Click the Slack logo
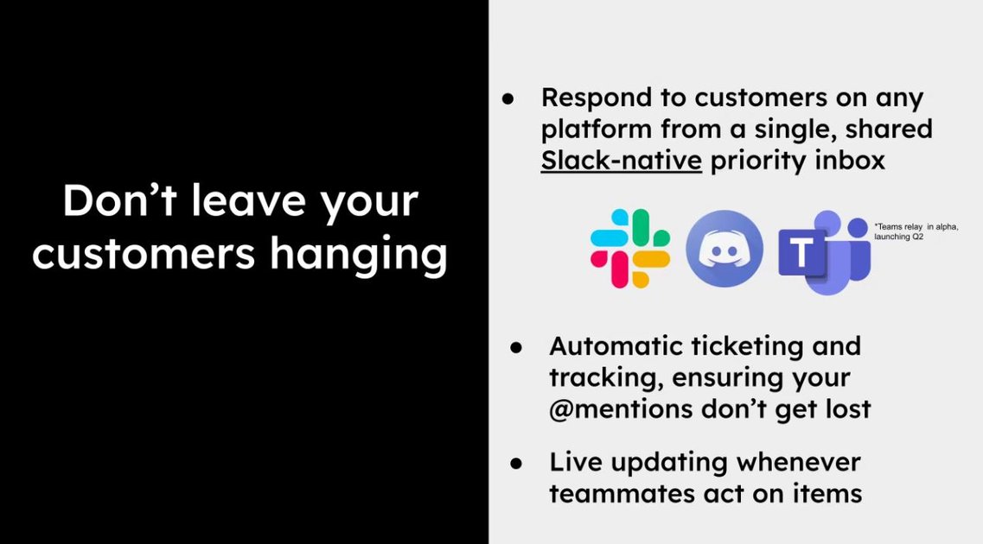pyautogui.click(x=630, y=249)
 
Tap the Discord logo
pyautogui.click(x=724, y=249)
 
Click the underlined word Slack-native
pyautogui.click(x=621, y=161)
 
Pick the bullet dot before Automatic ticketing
pyautogui.click(x=517, y=347)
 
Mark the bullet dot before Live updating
pyautogui.click(x=517, y=463)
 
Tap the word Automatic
pyautogui.click(x=614, y=346)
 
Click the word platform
pyautogui.click(x=596, y=130)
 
